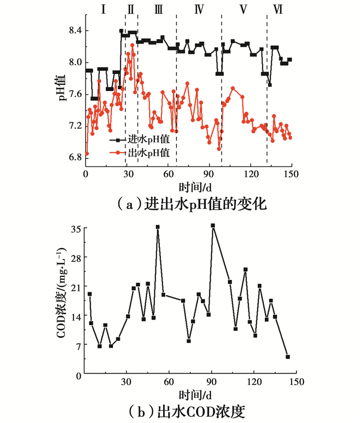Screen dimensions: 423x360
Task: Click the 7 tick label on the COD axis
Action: pos(75,345)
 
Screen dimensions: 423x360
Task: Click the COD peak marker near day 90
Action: pos(212,225)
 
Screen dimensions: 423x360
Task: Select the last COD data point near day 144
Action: pos(288,357)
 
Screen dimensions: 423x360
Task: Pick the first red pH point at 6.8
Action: pos(87,153)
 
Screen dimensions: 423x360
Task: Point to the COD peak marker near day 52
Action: pos(158,227)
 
